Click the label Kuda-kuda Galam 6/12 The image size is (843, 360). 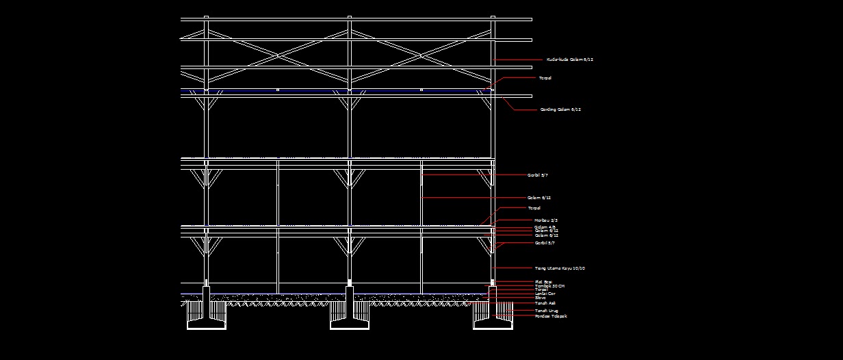click(x=569, y=60)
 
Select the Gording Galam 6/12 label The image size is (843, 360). click(x=560, y=110)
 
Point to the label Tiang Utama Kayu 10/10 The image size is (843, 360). click(x=560, y=268)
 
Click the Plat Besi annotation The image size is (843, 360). click(x=543, y=281)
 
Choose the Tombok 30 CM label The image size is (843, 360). click(x=549, y=285)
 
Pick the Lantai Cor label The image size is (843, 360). click(x=545, y=294)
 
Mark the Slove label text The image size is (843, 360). click(x=540, y=298)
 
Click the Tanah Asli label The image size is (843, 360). click(x=545, y=303)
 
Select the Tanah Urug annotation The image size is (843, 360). click(x=546, y=311)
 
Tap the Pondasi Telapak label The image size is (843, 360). click(x=551, y=316)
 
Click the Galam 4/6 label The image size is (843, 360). click(x=545, y=227)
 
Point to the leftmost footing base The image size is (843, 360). click(x=207, y=325)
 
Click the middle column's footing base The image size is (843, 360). click(x=350, y=325)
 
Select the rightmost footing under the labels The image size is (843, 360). click(x=493, y=325)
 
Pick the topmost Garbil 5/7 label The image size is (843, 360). click(x=537, y=175)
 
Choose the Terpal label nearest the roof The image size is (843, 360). click(x=545, y=78)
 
